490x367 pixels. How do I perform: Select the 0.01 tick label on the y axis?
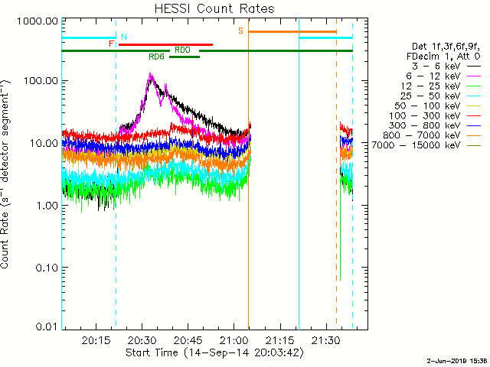[45, 327]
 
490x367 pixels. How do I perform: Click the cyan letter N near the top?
[124, 37]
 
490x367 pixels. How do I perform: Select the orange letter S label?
[240, 31]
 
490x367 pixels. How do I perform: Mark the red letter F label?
[112, 44]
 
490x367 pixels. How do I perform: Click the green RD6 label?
[156, 57]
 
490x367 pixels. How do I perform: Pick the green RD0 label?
[182, 50]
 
